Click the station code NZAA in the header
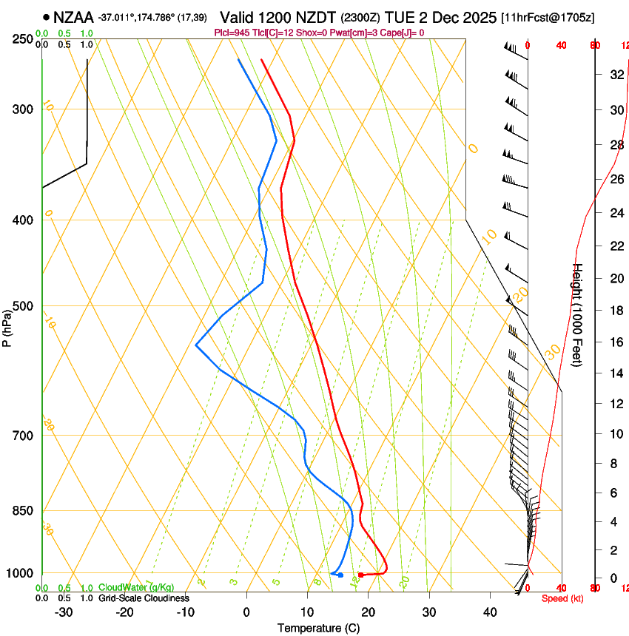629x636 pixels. [x=73, y=16]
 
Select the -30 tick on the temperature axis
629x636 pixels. [x=64, y=612]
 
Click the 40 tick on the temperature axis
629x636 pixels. [x=490, y=612]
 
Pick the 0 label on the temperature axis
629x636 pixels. [x=246, y=612]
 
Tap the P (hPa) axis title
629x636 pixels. [x=7, y=326]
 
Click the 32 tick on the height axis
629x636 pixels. [x=615, y=74]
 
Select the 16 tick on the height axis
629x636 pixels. [x=615, y=342]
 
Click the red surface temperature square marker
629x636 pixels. [x=360, y=575]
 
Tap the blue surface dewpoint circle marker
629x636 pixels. [x=340, y=575]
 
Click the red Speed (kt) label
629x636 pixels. [x=562, y=598]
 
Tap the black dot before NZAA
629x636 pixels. [x=47, y=16]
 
